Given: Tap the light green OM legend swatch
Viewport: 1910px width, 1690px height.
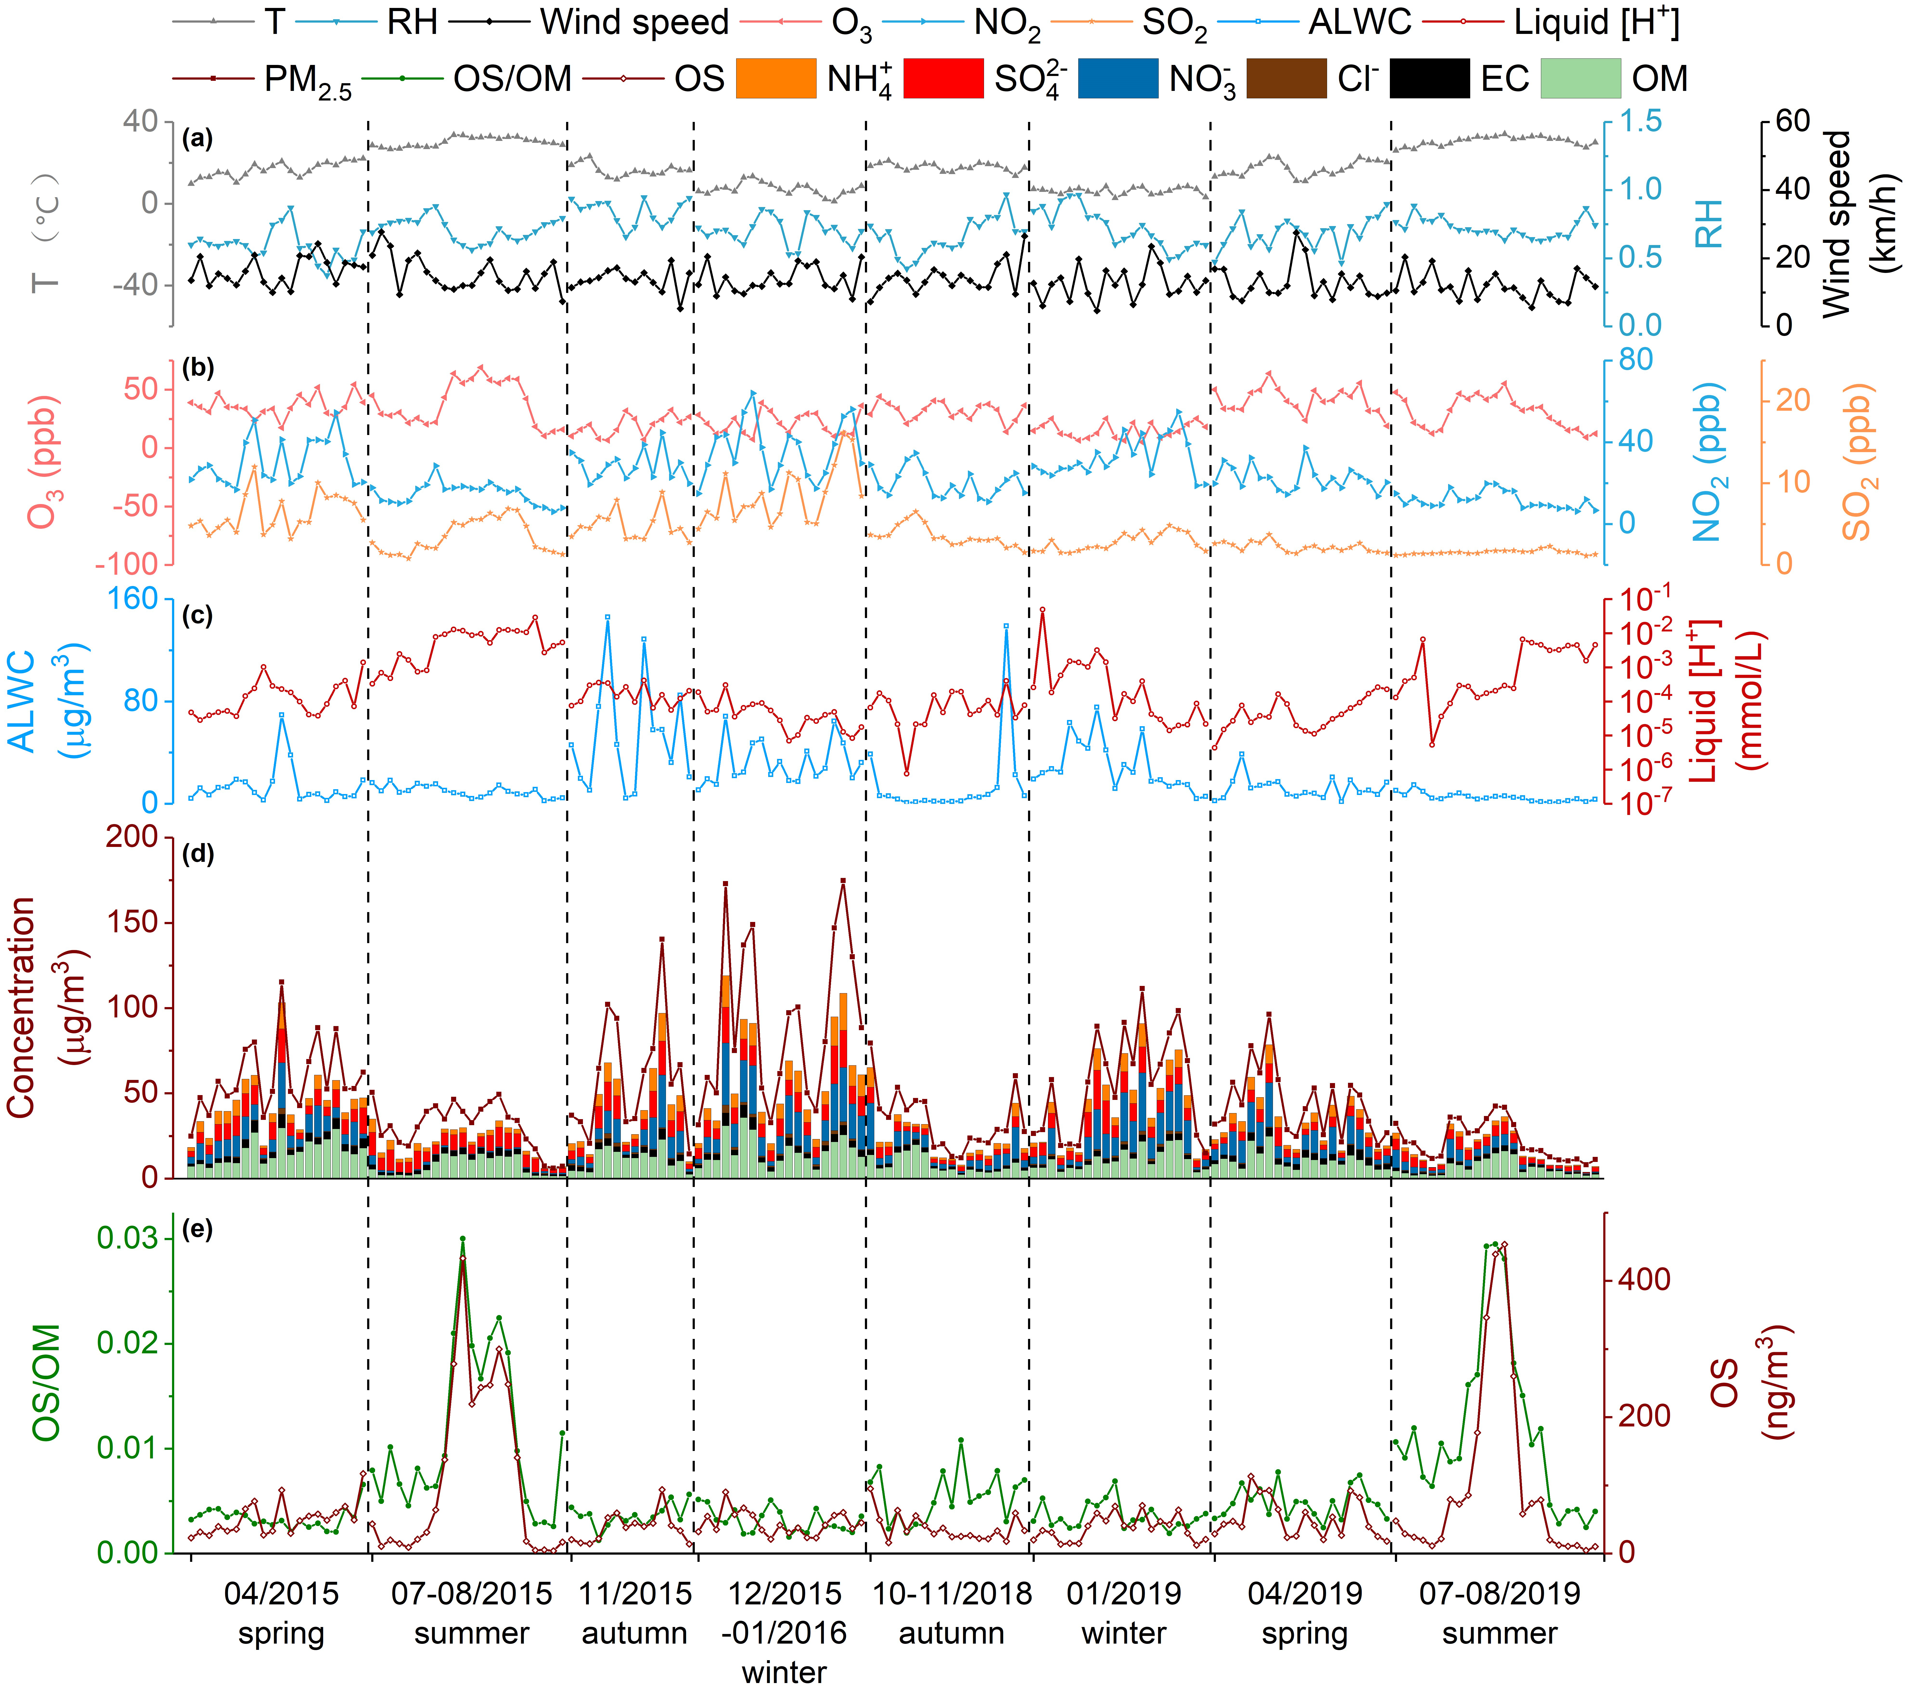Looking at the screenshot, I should pos(1580,78).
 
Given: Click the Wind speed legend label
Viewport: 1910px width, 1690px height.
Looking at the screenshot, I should pos(634,22).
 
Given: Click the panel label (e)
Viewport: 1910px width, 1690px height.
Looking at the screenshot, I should pos(198,1230).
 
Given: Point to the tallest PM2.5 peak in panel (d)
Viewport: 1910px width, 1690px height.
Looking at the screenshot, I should pos(843,880).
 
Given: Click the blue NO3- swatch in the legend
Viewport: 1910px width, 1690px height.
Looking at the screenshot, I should pos(1118,78).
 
